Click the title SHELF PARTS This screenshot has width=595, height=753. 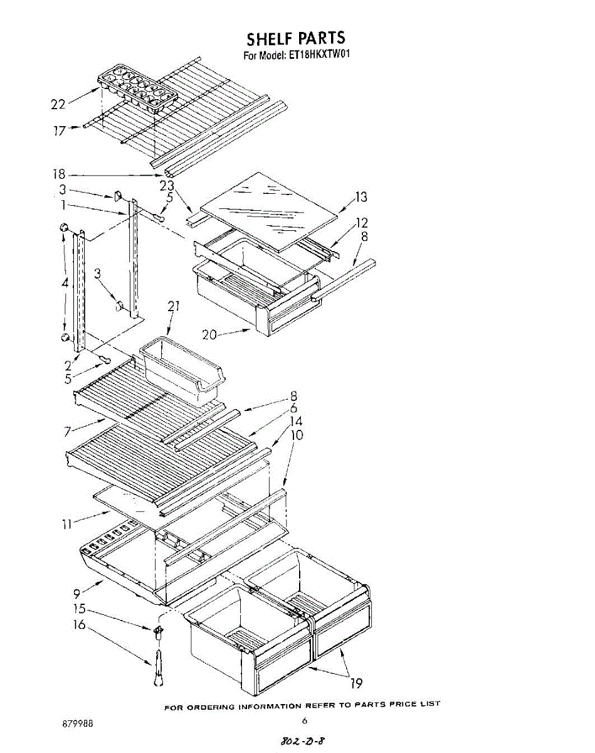click(295, 38)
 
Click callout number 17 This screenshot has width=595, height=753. click(59, 131)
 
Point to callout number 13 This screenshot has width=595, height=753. click(361, 198)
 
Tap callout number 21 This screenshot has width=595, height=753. click(174, 306)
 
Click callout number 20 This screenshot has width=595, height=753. click(209, 335)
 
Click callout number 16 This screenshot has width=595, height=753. click(79, 625)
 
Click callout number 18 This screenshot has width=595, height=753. click(59, 175)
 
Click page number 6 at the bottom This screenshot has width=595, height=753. click(303, 720)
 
